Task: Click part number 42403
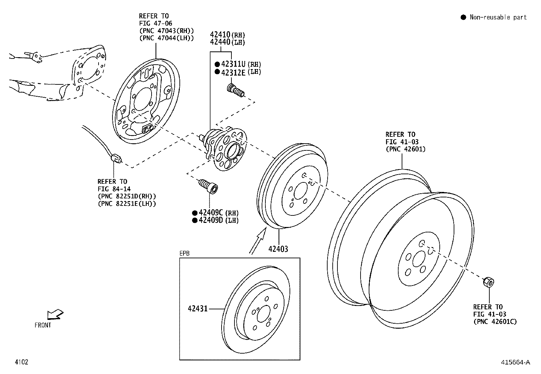pos(278,249)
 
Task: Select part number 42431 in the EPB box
pos(197,309)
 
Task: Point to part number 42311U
pos(233,64)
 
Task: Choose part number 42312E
pos(233,72)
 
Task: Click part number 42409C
pos(211,213)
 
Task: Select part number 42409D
pos(211,220)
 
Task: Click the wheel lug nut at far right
pos(489,282)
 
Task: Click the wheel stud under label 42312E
pos(235,91)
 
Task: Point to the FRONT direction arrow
pos(55,314)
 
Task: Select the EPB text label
pos(185,254)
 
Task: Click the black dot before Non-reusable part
pos(463,17)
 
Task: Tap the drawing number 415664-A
pos(515,362)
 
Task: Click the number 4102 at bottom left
pos(21,362)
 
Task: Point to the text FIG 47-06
pos(155,23)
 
